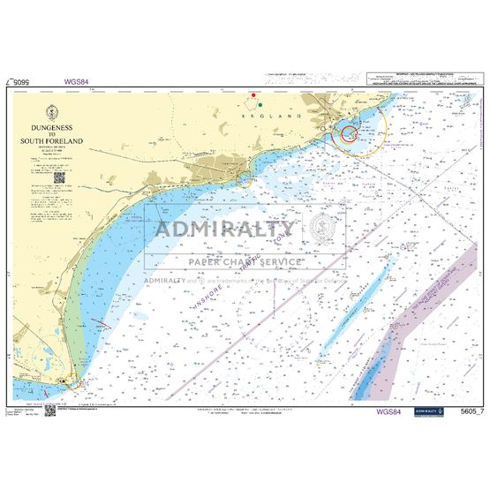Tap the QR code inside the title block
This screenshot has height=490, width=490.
pos(59,177)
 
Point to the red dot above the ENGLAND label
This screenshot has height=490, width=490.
pos(253,94)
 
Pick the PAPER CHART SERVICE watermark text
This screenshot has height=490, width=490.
pos(245,262)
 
